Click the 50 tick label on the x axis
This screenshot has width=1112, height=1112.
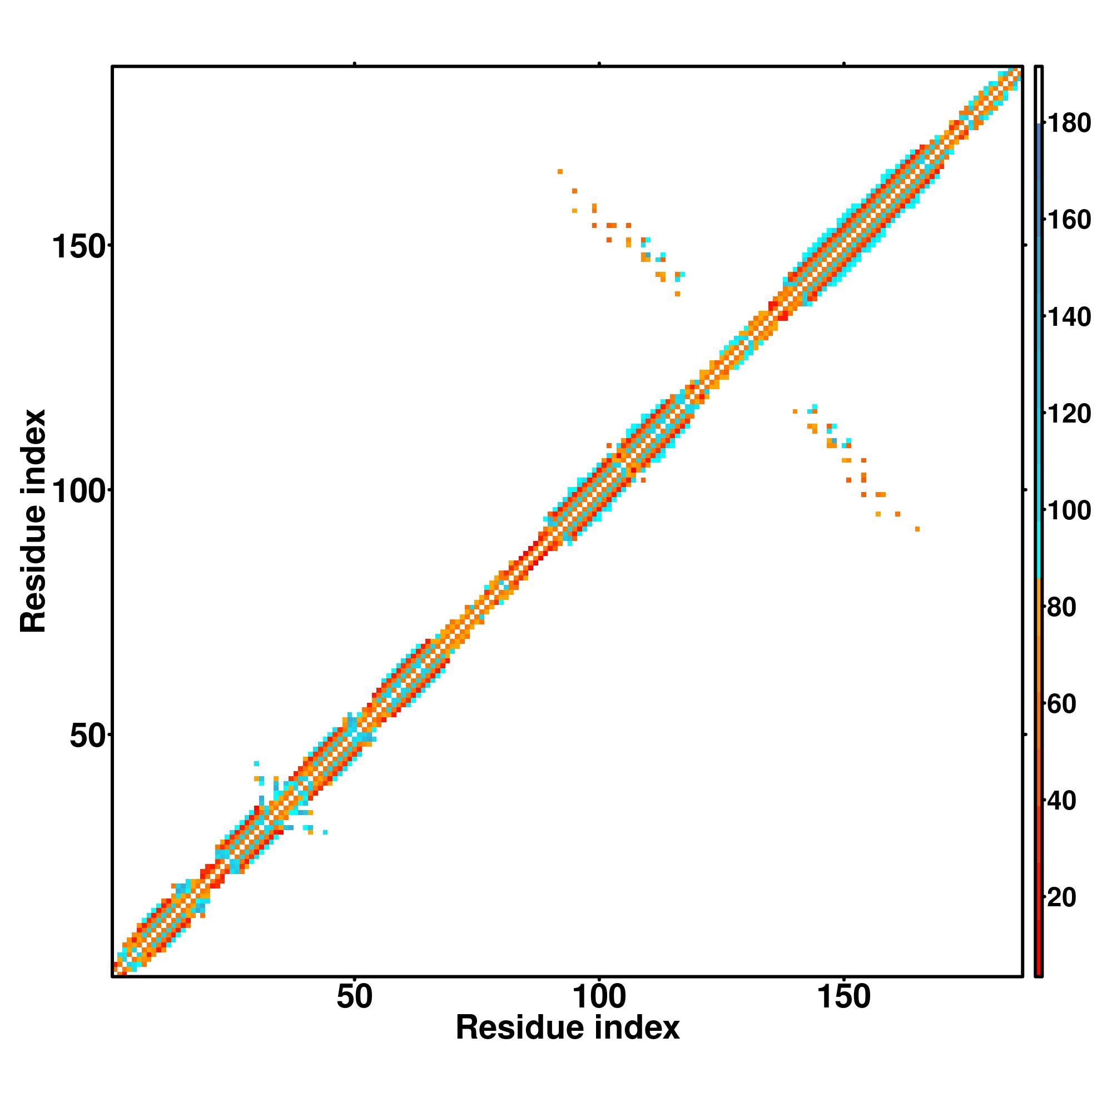(x=354, y=997)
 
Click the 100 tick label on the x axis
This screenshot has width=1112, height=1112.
(x=599, y=997)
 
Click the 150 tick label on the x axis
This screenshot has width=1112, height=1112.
(x=844, y=997)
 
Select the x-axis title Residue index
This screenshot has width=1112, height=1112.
(x=568, y=1028)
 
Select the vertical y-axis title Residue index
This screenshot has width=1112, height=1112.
(x=33, y=522)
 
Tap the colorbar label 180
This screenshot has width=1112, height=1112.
(x=1069, y=123)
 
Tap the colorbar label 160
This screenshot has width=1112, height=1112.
(x=1069, y=220)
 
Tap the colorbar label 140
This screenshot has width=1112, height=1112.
(x=1069, y=317)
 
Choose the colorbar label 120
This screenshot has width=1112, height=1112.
(x=1069, y=414)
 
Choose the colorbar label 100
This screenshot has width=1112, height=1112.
(x=1069, y=510)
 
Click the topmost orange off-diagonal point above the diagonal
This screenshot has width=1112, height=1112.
(x=560, y=171)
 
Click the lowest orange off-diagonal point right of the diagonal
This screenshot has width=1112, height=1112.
(x=917, y=529)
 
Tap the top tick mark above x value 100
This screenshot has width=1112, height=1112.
(x=599, y=64)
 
